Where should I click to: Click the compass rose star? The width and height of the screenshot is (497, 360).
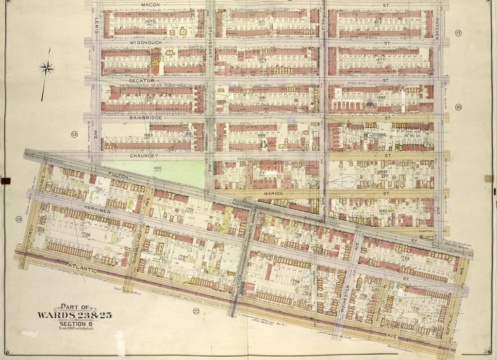[x=47, y=68]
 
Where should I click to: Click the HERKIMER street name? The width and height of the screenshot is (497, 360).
[x=83, y=206]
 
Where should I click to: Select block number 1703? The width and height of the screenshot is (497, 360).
[x=405, y=258]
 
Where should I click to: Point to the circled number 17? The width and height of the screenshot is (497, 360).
[x=458, y=33]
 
